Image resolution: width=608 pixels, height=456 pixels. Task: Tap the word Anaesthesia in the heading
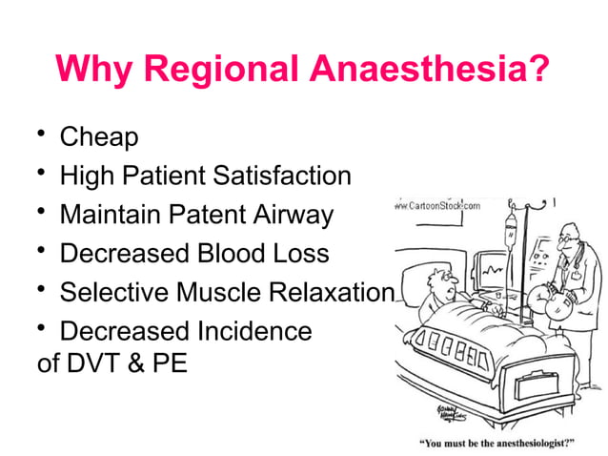pos(428,70)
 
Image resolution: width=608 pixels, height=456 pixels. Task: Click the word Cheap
pos(99,136)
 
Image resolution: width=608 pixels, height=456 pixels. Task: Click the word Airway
pos(294,215)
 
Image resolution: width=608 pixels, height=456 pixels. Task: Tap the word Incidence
pos(253,332)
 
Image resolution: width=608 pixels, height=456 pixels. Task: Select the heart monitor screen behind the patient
pos(493,273)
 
